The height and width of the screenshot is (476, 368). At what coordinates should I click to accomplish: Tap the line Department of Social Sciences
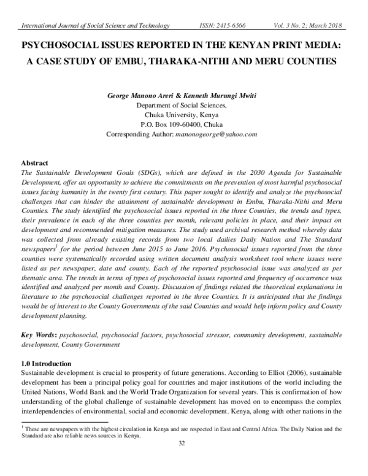(x=182, y=105)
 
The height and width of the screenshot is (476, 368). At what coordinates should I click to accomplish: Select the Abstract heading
(x=35, y=164)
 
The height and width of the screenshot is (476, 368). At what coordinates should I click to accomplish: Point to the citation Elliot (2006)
(x=304, y=373)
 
